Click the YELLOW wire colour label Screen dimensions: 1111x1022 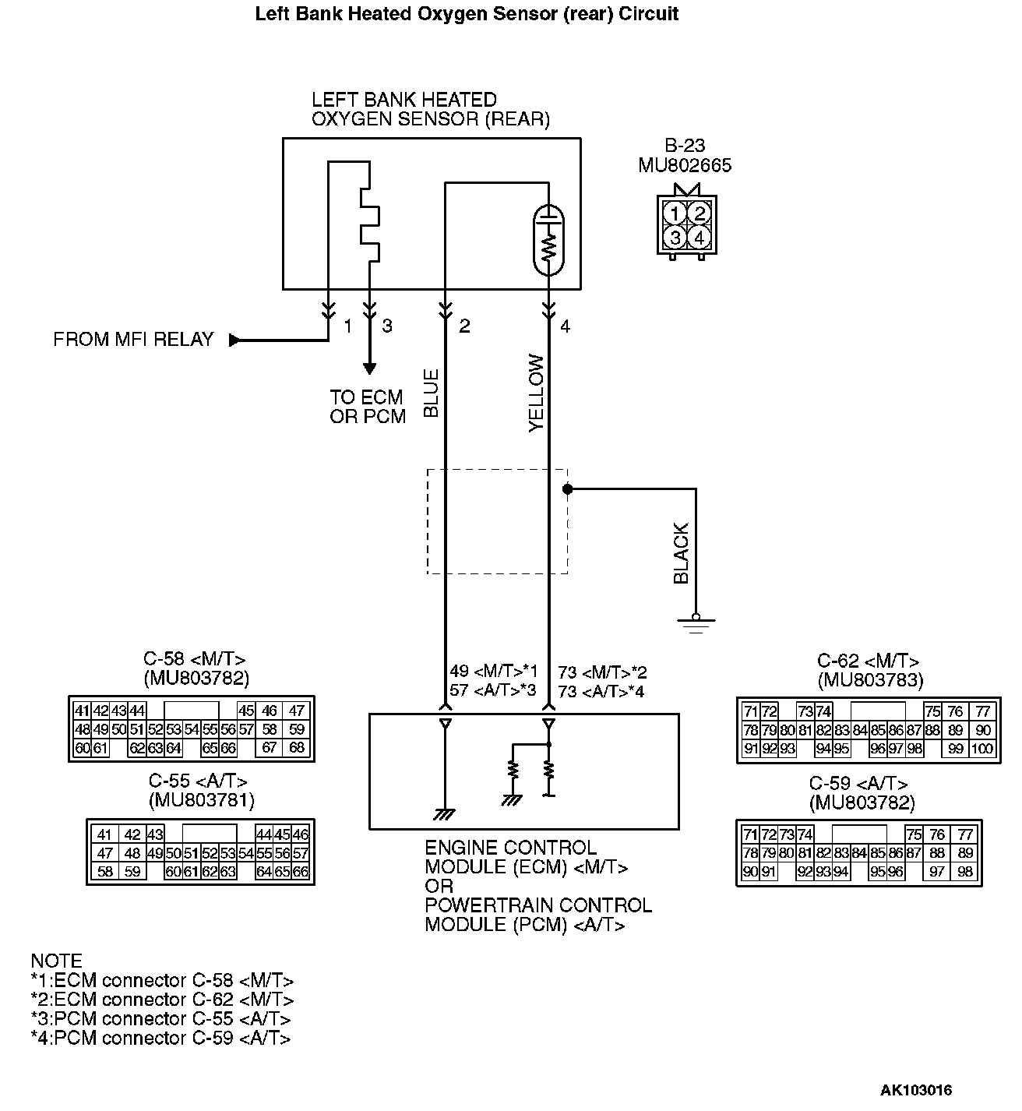[x=537, y=393]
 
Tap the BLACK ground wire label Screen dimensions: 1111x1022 [x=682, y=553]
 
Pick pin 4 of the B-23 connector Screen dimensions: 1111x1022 [x=700, y=237]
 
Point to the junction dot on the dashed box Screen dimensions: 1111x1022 [x=568, y=489]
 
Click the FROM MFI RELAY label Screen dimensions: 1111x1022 [x=133, y=340]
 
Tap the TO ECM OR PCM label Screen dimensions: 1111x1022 [x=368, y=407]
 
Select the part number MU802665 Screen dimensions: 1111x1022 [x=685, y=166]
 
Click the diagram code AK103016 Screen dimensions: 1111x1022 [x=916, y=1090]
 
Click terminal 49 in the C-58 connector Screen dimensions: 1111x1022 [x=100, y=730]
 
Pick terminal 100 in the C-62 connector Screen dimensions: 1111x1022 [x=983, y=749]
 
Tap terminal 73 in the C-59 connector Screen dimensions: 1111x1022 [x=788, y=834]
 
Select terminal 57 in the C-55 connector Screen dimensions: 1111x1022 [x=301, y=854]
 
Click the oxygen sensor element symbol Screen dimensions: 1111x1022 [x=550, y=240]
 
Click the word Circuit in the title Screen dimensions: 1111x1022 [x=650, y=14]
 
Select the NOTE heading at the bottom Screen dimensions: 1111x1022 [x=56, y=961]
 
